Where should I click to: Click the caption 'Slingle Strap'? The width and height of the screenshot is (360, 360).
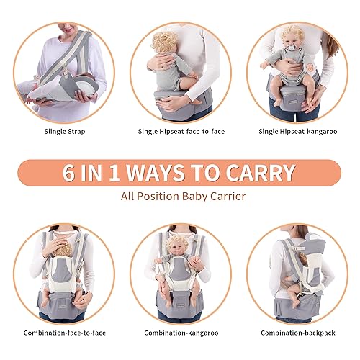click(x=60, y=132)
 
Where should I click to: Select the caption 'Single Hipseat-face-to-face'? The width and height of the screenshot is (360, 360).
click(x=179, y=132)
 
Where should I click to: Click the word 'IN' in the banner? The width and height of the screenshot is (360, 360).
click(x=99, y=173)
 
